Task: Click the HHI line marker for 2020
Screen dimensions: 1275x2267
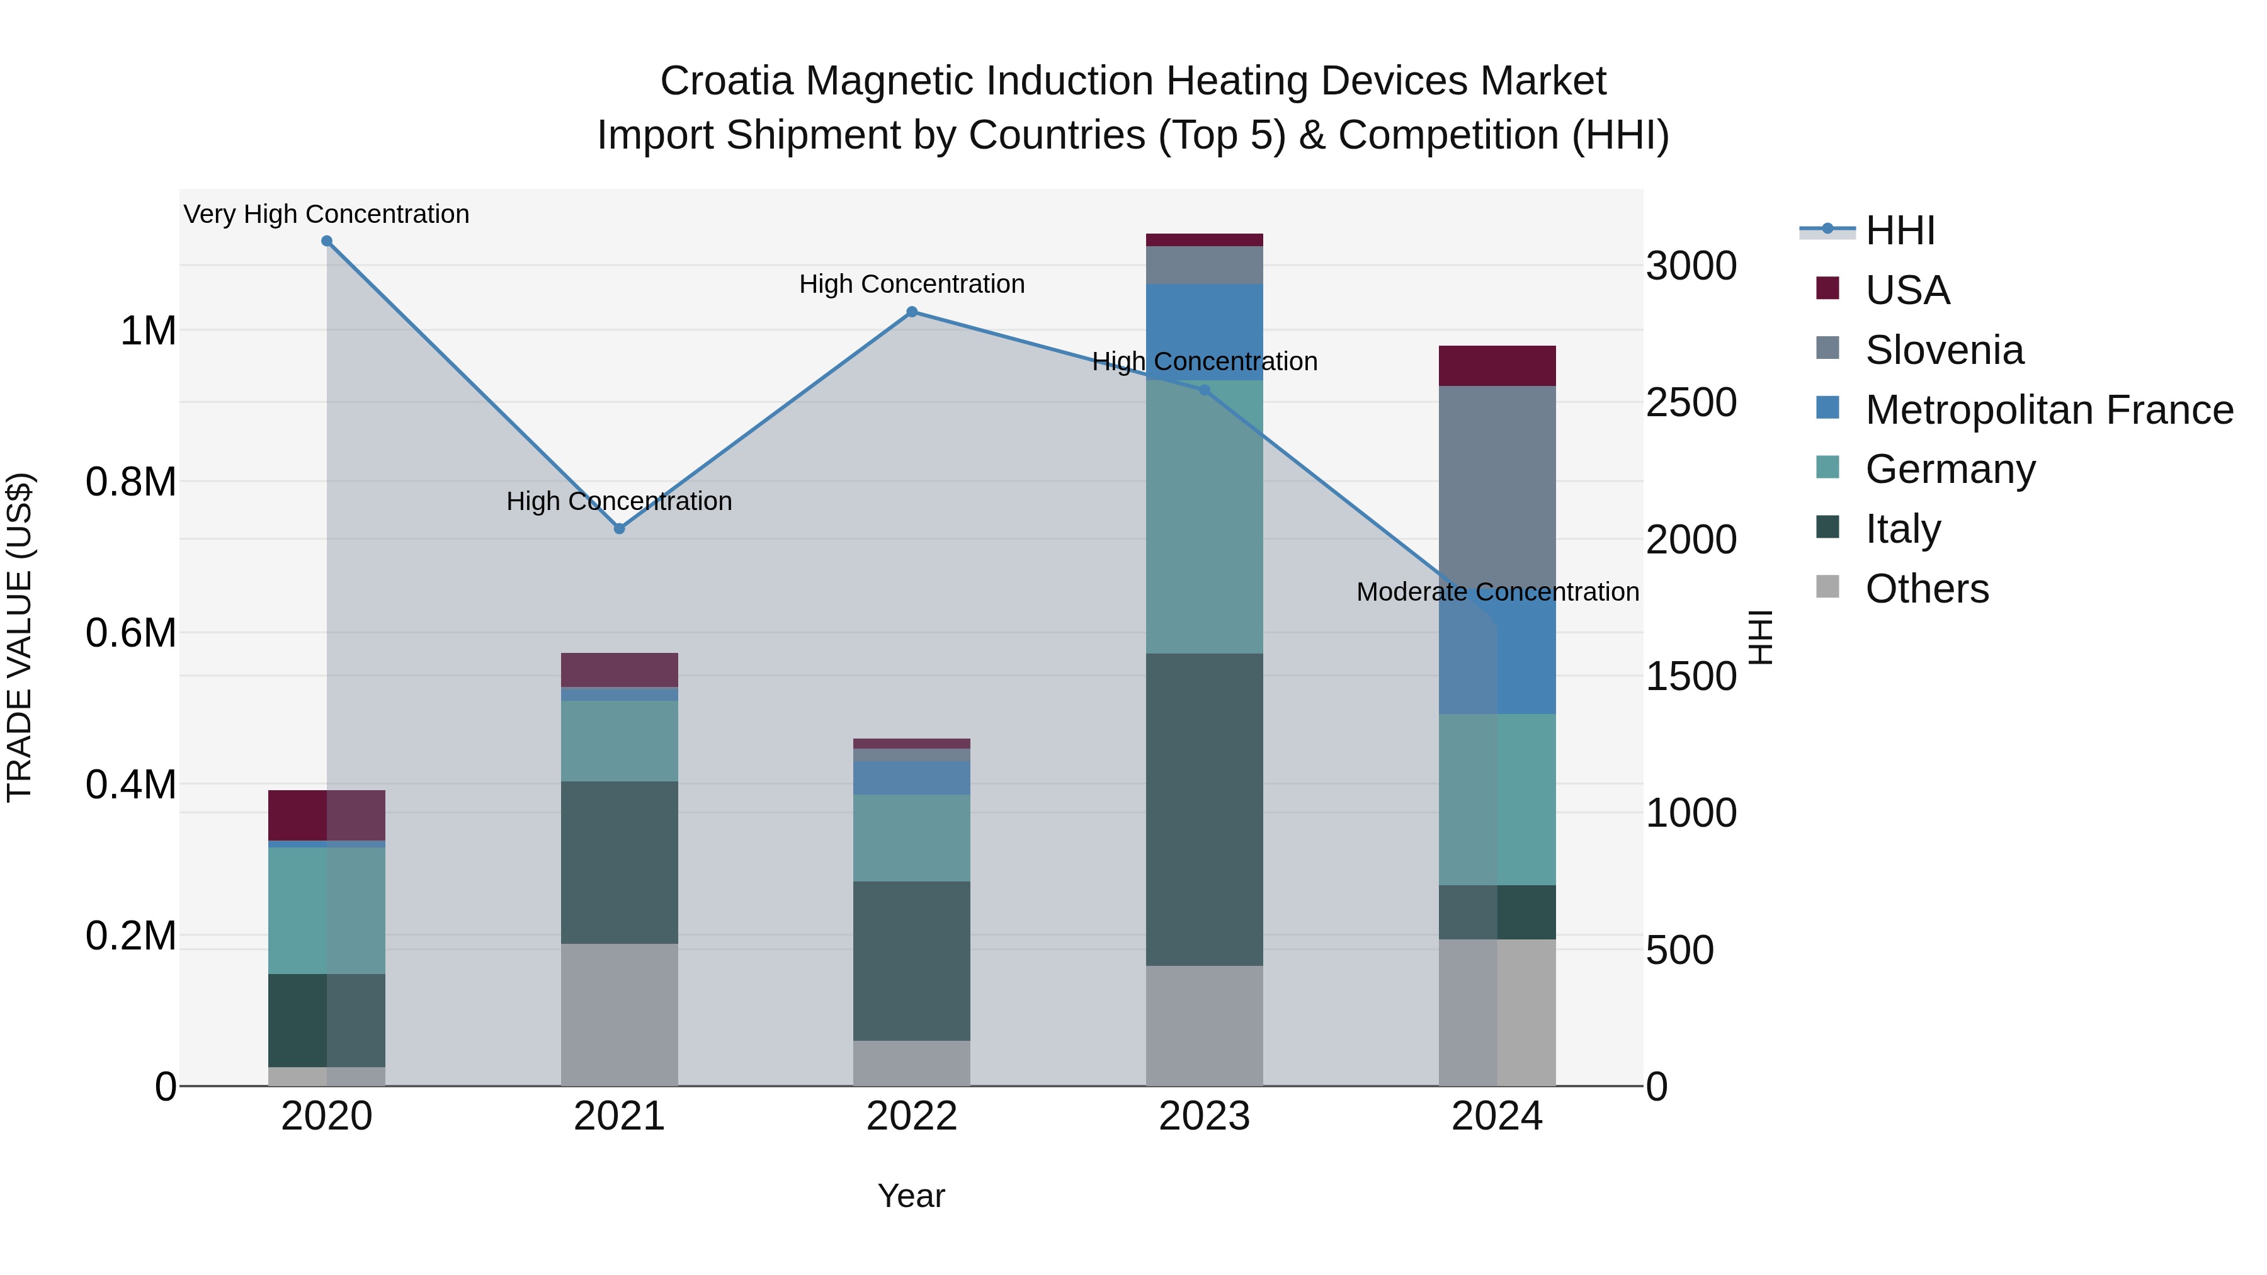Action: (x=326, y=241)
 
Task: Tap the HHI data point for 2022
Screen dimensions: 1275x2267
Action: (x=912, y=312)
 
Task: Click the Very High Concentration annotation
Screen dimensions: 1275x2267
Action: (x=326, y=215)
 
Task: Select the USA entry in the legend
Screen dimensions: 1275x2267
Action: (x=1907, y=290)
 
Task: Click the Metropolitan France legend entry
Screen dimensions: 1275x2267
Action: (x=2048, y=410)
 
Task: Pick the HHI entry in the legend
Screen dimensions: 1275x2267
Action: (x=1899, y=230)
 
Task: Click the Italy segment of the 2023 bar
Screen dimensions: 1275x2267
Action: (x=1204, y=810)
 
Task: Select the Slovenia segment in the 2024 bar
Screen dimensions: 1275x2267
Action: (x=1497, y=484)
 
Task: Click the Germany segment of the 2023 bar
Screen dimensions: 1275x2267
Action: (x=1204, y=518)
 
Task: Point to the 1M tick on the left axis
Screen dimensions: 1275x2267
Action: (x=148, y=332)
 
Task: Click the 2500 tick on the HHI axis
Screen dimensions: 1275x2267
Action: (x=1691, y=403)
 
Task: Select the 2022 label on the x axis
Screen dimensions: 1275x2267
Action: (x=912, y=1116)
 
